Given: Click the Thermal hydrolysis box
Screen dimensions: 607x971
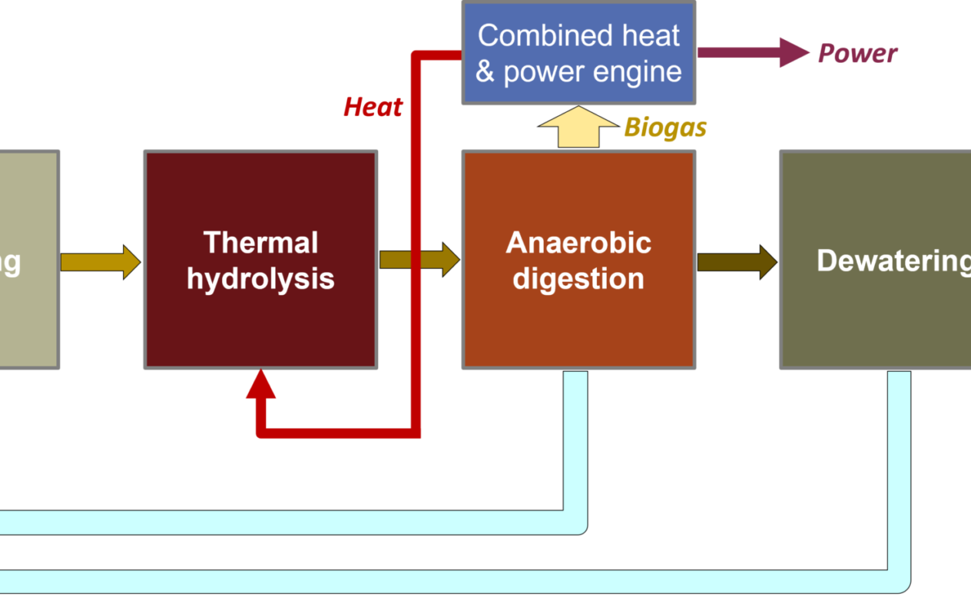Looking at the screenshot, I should (x=260, y=323).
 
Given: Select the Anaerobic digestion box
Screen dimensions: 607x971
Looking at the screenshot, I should (x=578, y=323).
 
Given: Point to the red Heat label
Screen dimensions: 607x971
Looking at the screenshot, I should (x=373, y=107).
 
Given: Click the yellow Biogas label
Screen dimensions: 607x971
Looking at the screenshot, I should (x=665, y=128).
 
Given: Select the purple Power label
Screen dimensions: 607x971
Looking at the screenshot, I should (x=857, y=54).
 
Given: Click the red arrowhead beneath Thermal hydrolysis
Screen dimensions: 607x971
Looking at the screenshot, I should (x=260, y=385).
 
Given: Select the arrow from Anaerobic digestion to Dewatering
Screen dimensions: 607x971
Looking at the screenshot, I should (x=736, y=261).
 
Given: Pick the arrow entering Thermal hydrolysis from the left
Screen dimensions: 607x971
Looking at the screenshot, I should (x=100, y=261).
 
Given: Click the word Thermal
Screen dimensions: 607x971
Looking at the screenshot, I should (x=260, y=244).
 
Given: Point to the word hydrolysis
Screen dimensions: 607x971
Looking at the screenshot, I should (x=260, y=278).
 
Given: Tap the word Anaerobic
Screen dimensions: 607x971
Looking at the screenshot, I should (x=578, y=244).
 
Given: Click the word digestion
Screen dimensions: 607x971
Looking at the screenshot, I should (x=578, y=278).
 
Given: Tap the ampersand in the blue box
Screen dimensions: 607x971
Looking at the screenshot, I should (x=485, y=71).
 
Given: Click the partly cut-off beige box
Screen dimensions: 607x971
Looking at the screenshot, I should (x=27, y=307).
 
